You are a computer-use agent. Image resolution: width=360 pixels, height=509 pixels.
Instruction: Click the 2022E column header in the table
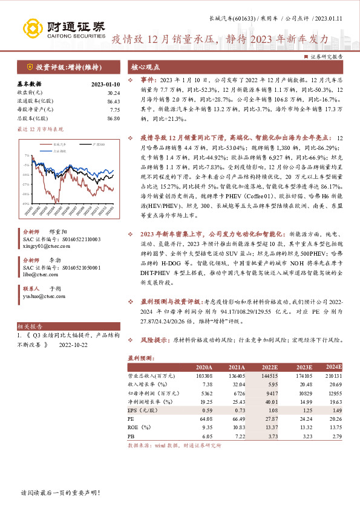pyautogui.click(x=269, y=367)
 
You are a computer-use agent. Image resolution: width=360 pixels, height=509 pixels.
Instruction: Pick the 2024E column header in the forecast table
pyautogui.click(x=333, y=367)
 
